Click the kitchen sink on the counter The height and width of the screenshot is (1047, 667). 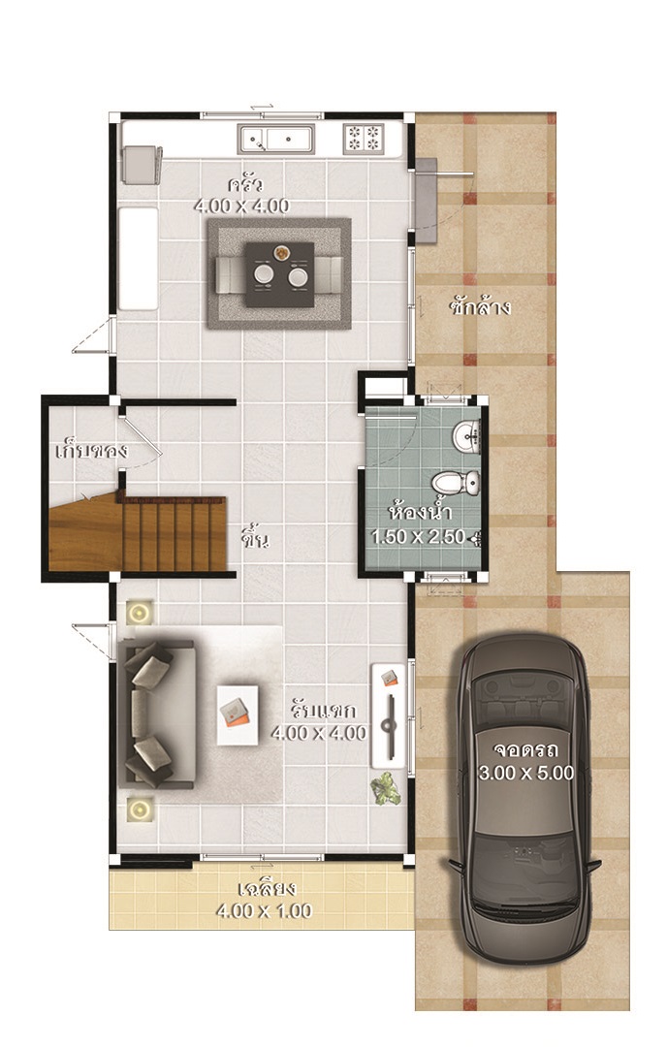[x=276, y=140]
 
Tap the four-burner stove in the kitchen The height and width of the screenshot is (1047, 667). [x=364, y=139]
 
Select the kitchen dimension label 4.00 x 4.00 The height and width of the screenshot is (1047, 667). [x=241, y=206]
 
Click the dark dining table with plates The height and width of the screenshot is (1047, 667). [x=279, y=274]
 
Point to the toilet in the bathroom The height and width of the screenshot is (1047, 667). [x=456, y=482]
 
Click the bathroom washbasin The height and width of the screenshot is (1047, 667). [x=466, y=436]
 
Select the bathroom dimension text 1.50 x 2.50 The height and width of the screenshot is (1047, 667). [x=419, y=536]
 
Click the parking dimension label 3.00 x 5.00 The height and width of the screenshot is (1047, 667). [x=526, y=773]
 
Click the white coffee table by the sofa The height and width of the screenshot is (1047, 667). [x=238, y=715]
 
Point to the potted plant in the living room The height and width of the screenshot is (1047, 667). [x=386, y=788]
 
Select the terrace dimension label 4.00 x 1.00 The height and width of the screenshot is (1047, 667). [x=265, y=910]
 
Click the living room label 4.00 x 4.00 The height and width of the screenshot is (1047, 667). [x=319, y=733]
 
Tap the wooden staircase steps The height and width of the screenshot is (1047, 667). [x=175, y=533]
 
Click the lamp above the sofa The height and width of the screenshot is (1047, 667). [x=139, y=613]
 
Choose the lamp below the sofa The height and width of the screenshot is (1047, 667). [x=139, y=809]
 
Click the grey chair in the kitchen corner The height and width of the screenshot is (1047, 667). [x=142, y=164]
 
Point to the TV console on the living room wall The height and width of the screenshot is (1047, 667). [x=389, y=715]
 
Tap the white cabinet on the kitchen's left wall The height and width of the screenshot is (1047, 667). [x=139, y=259]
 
